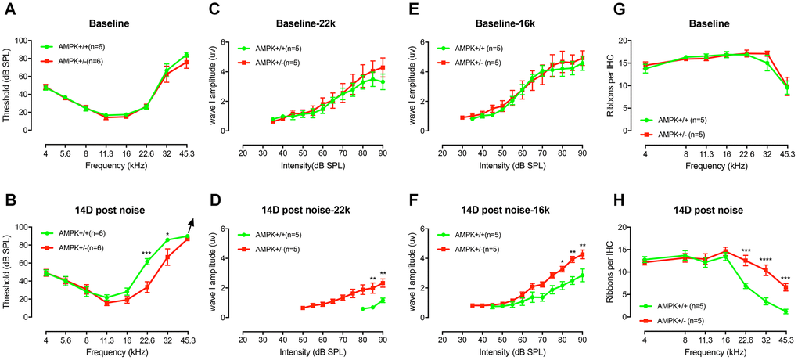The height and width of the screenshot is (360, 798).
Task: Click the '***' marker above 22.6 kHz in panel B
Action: [146, 253]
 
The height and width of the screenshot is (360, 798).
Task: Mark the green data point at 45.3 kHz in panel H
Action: [785, 311]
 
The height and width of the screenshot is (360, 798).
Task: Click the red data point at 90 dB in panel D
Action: [383, 283]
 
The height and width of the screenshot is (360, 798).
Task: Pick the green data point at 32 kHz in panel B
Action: [167, 239]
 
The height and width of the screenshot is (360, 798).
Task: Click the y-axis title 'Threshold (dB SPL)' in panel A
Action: [9, 78]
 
